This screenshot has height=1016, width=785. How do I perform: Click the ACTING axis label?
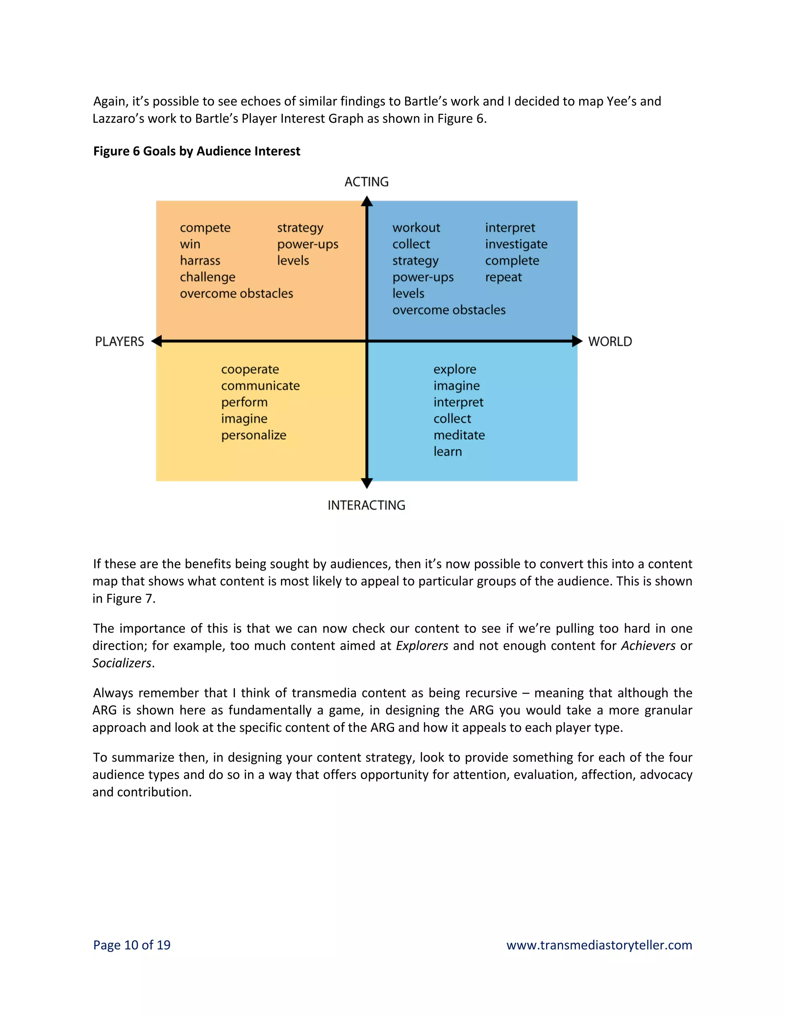tap(366, 182)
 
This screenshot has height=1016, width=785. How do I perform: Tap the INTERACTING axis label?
tap(366, 505)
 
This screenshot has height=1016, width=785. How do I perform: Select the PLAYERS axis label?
tap(120, 342)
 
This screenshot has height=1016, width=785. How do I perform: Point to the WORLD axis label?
tap(610, 342)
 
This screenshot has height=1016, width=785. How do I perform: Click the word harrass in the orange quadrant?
tap(200, 260)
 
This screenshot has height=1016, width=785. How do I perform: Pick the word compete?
tap(205, 228)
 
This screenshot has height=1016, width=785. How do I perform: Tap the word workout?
tap(416, 228)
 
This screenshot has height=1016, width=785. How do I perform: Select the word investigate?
tap(516, 244)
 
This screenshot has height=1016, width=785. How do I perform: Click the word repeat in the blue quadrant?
tap(503, 277)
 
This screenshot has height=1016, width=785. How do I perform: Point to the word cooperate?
tap(250, 369)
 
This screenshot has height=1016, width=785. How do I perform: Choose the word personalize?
tap(253, 436)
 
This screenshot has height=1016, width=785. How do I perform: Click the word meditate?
tap(459, 436)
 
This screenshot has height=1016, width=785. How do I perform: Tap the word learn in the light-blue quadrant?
tap(447, 452)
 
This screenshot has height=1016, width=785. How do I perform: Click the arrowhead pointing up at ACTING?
tap(367, 201)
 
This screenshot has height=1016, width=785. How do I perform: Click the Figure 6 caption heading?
tap(197, 151)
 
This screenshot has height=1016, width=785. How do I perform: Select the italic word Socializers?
tap(122, 663)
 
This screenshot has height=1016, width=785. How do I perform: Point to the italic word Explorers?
tap(422, 646)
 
